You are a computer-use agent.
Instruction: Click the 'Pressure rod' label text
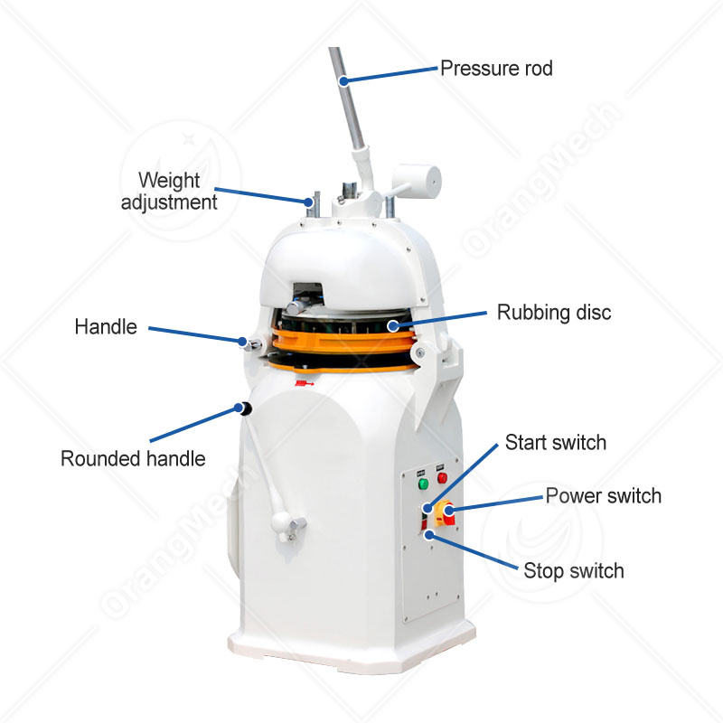coord(495,68)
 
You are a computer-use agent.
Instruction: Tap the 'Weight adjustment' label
coord(170,191)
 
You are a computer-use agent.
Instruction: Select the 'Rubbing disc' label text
coord(554,313)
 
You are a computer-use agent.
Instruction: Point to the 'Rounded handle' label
coord(133,458)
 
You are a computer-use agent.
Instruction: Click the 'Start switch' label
coord(555,443)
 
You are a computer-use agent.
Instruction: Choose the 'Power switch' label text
coord(603,495)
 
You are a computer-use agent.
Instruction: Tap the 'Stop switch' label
coord(573,570)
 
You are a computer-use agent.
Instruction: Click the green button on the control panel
coord(422,484)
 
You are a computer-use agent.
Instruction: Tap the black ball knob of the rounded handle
coord(243,409)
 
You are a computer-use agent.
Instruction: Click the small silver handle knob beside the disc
coord(248,343)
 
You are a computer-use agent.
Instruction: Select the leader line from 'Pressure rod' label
coord(389,74)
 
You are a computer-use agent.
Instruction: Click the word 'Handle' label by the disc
coord(106,326)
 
